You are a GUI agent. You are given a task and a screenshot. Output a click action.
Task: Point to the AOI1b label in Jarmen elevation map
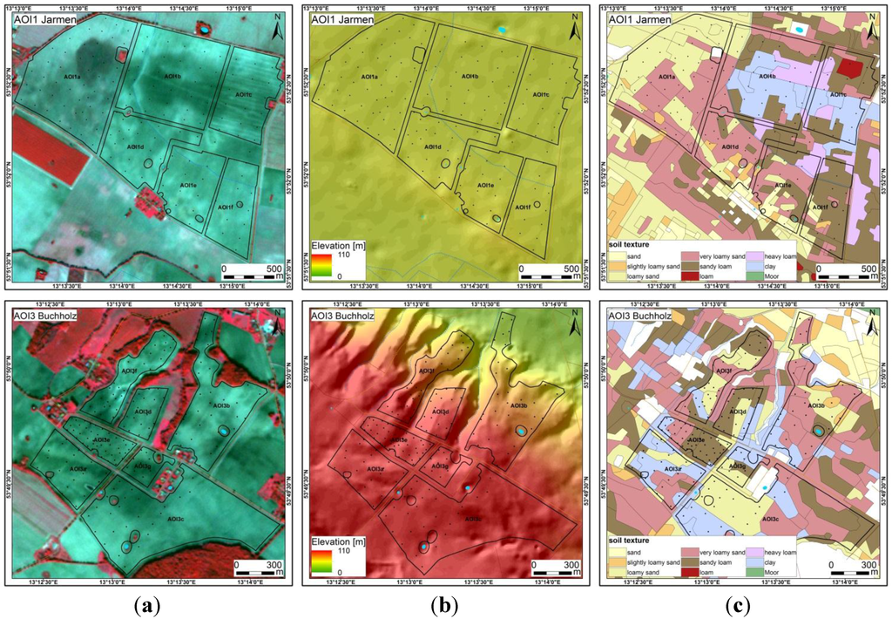tap(469, 77)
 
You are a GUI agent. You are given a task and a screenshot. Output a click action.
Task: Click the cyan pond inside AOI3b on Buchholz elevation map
tap(521, 432)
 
